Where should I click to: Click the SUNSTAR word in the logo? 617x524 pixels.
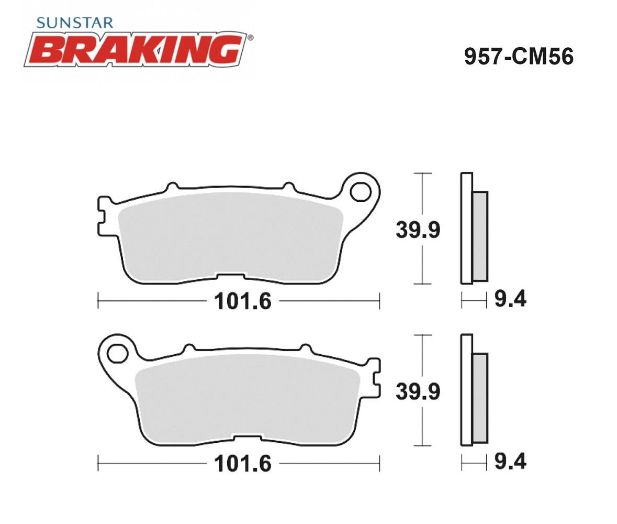[75, 23]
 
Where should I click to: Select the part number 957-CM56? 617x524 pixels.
[519, 57]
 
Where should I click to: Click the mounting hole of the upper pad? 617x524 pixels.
[361, 193]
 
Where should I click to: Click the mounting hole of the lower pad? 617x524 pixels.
[117, 353]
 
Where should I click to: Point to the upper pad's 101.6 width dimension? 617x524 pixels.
[243, 301]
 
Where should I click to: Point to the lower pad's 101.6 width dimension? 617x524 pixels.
[243, 463]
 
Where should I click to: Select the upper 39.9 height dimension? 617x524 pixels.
[418, 230]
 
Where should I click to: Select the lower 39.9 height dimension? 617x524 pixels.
[418, 391]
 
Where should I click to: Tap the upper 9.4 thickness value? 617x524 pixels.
[510, 299]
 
